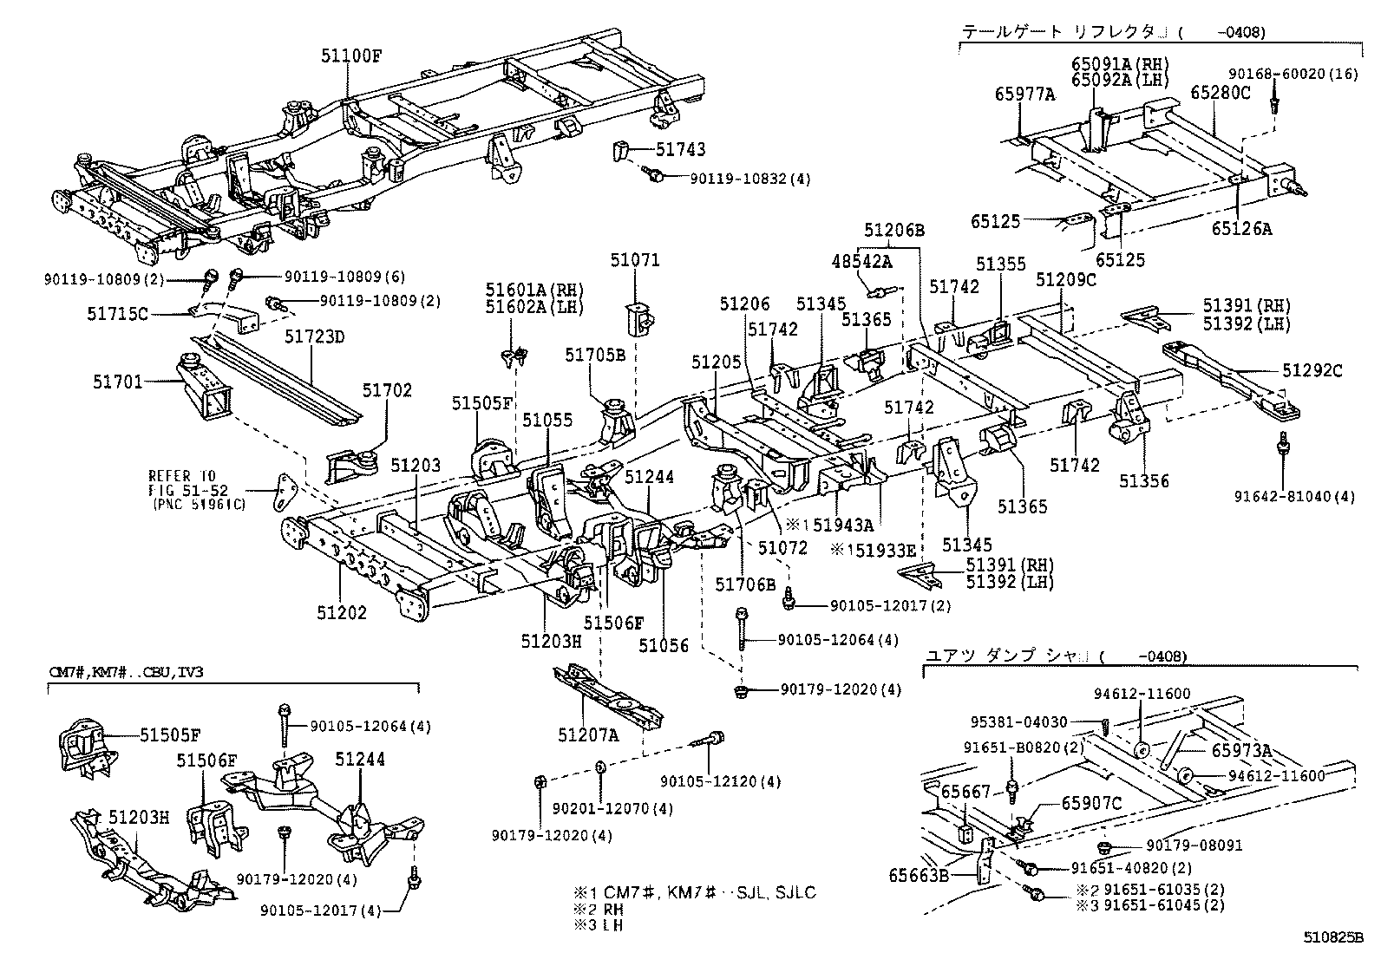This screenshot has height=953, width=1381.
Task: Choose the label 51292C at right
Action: click(x=1312, y=371)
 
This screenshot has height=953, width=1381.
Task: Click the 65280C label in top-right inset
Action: click(x=1220, y=92)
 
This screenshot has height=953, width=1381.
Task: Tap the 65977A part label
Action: click(x=1024, y=96)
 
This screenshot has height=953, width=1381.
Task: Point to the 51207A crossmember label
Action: click(x=588, y=735)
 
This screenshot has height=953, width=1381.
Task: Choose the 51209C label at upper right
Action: click(x=1066, y=280)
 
